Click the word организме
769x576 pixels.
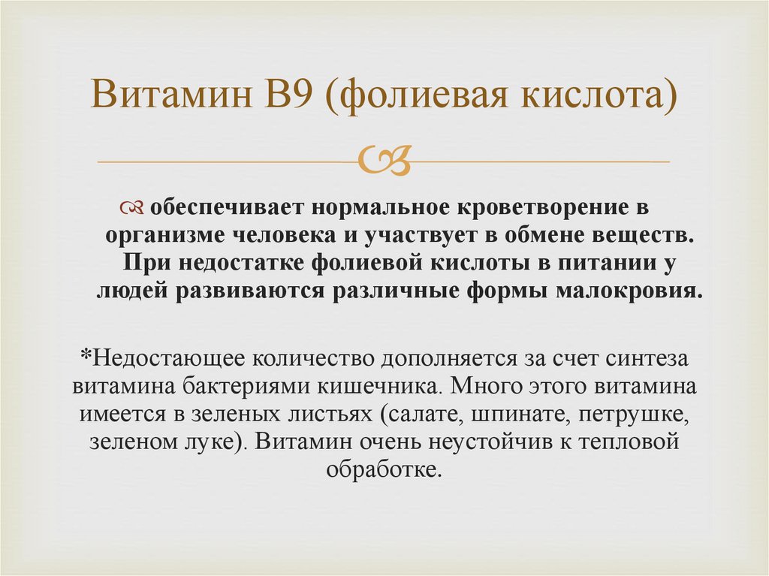[152, 235]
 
